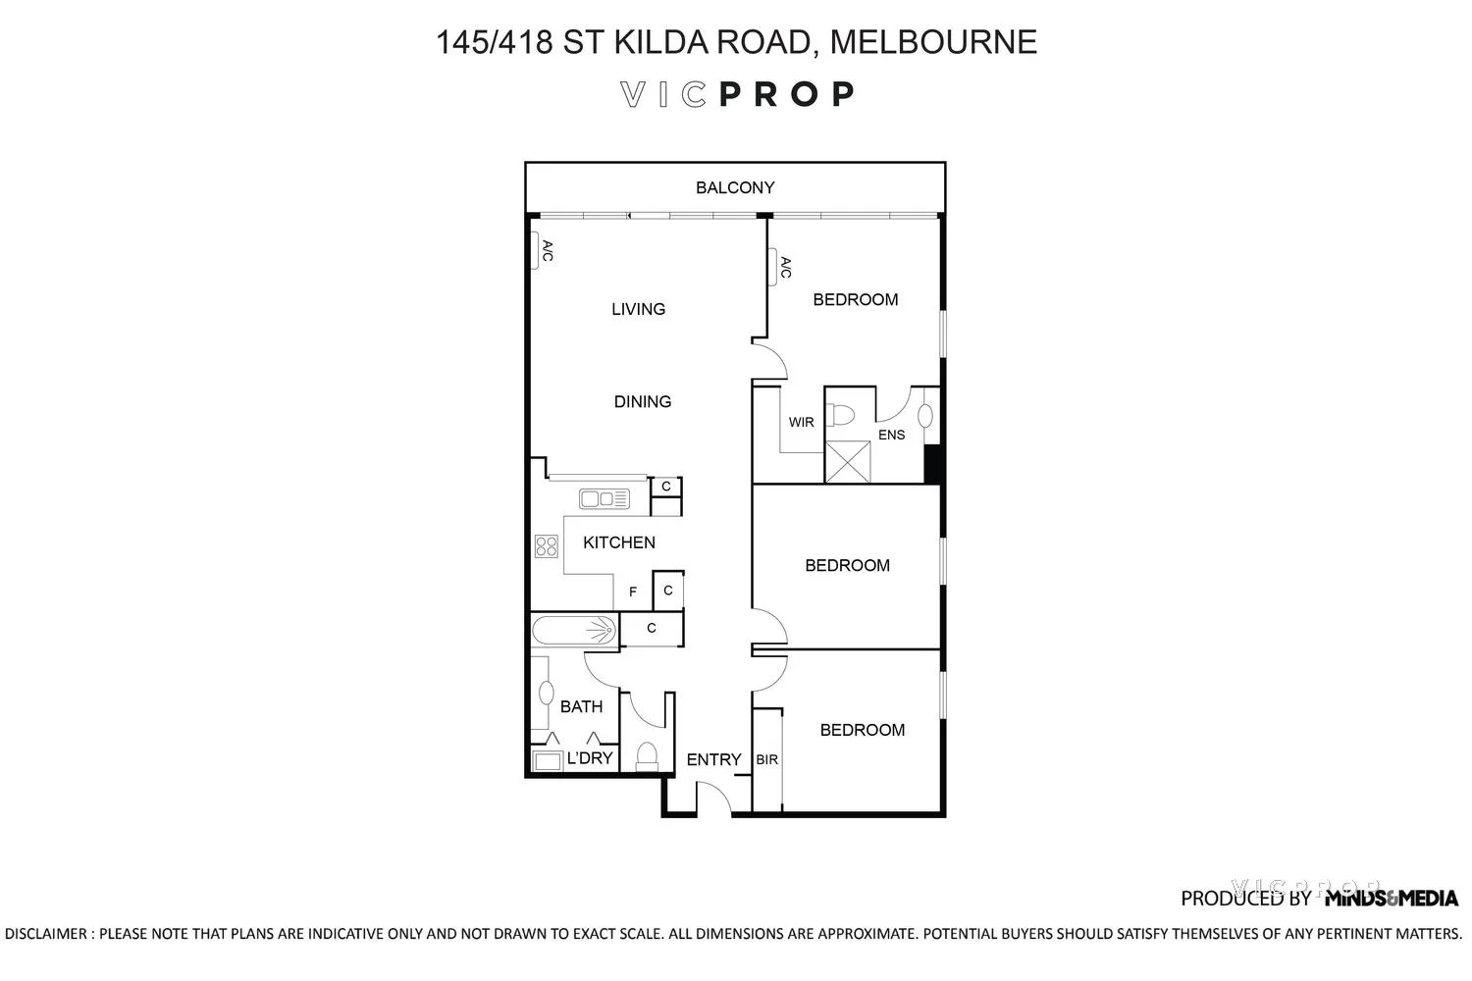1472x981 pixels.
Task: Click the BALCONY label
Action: [x=735, y=187]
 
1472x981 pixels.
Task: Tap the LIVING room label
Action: [x=638, y=309]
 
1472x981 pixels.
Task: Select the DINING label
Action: [x=643, y=401]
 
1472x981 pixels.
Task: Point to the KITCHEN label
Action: [x=619, y=542]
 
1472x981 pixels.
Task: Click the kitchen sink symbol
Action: [x=604, y=499]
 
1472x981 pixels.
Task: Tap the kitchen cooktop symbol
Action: [x=546, y=546]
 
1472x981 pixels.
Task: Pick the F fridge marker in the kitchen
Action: [x=633, y=593]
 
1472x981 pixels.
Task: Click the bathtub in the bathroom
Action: [x=574, y=630]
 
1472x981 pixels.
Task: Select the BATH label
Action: [x=581, y=706]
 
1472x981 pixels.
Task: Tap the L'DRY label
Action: [x=590, y=758]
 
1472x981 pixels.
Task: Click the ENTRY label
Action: [x=713, y=759]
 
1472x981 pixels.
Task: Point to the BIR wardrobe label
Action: [x=767, y=760]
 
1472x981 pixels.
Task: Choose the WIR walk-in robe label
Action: [x=802, y=423]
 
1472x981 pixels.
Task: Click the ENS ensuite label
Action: [x=891, y=435]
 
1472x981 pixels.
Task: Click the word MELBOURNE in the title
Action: [x=932, y=42]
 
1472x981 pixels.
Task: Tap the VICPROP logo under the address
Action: [x=736, y=94]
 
